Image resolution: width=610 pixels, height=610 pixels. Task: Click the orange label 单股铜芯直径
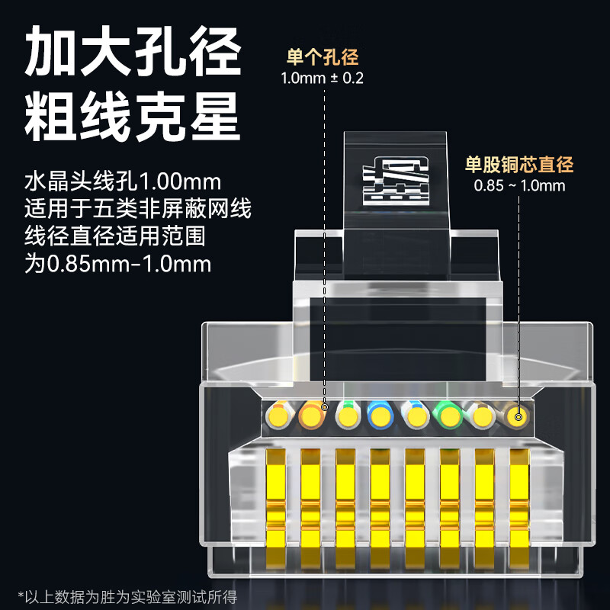pos(519,165)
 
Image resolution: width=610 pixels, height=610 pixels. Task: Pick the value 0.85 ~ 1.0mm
pos(519,185)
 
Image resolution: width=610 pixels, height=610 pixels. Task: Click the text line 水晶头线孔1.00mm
pos(123,183)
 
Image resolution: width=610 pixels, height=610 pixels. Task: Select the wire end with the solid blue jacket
pos(380,416)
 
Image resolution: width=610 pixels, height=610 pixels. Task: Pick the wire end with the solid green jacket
pos(449,416)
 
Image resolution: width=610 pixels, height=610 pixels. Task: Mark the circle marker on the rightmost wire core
pos(518,416)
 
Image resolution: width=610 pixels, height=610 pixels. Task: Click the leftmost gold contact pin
pos(276,499)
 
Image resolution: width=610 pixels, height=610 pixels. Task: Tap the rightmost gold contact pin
pos(520,499)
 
